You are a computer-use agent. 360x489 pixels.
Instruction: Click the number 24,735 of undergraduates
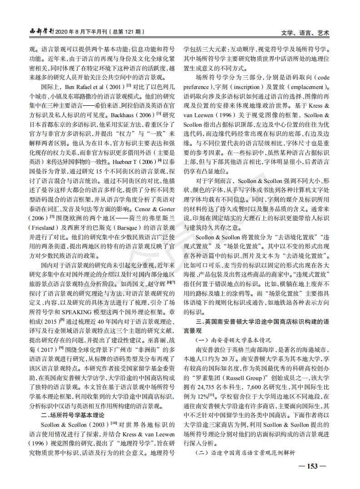210,386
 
